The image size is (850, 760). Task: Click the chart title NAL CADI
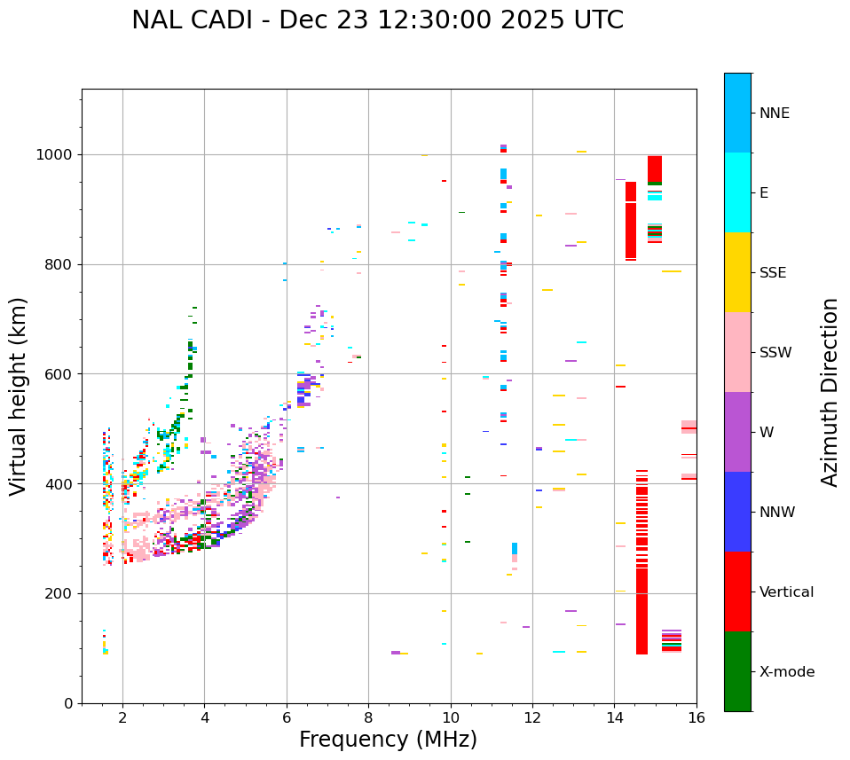click(x=377, y=20)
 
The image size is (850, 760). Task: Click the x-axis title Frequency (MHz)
click(x=388, y=740)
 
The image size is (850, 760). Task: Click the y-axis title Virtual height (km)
click(x=19, y=396)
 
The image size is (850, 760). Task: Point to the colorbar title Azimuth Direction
click(x=830, y=392)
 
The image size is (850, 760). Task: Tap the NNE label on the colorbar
click(x=774, y=114)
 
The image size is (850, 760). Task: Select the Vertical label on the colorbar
click(x=786, y=592)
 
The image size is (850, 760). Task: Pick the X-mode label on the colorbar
click(x=786, y=672)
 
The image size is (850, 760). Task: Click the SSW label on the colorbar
click(x=775, y=353)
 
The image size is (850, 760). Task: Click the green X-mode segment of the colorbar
click(x=737, y=671)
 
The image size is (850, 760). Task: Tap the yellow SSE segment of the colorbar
click(x=737, y=272)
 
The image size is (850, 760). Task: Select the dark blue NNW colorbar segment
click(x=737, y=512)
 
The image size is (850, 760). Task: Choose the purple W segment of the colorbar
click(x=737, y=432)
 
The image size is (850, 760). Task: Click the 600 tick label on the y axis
click(x=63, y=374)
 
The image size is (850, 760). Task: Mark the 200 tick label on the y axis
click(x=63, y=593)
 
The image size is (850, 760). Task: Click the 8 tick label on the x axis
click(x=368, y=718)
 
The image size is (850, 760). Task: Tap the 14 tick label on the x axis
click(x=614, y=718)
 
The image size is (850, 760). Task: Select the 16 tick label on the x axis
click(x=697, y=718)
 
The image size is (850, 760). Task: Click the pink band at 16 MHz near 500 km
click(x=689, y=427)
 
